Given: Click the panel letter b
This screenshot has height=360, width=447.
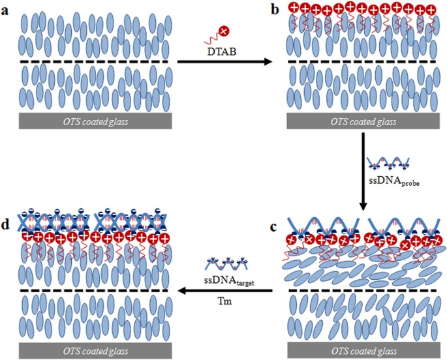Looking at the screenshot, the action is [275, 10].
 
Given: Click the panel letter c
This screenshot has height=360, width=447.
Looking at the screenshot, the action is [273, 227].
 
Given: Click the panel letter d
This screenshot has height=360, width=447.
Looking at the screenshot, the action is [6, 225].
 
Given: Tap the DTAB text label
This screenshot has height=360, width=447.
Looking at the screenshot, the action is [221, 52].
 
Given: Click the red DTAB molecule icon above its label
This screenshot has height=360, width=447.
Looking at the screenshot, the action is [217, 35].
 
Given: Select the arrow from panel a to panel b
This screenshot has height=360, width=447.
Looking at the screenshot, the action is [225, 61].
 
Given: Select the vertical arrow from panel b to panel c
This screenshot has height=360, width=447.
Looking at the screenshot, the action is [363, 172].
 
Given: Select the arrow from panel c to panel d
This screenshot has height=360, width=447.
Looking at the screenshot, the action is [225, 291].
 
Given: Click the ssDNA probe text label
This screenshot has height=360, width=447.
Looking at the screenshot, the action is [394, 181].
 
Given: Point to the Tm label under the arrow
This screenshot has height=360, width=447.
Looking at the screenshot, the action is [224, 301].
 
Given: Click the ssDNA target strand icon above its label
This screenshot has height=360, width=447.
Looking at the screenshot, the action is [226, 263].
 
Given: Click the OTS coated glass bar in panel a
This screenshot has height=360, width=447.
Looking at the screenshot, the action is [95, 121].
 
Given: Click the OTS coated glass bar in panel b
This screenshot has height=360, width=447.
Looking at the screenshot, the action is [363, 121].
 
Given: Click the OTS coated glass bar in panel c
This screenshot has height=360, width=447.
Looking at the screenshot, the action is [363, 350].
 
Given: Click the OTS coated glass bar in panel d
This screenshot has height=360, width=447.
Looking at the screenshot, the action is [95, 351].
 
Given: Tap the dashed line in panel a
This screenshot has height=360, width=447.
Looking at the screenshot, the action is [94, 61].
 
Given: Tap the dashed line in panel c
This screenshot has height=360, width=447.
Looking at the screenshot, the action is [362, 290].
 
